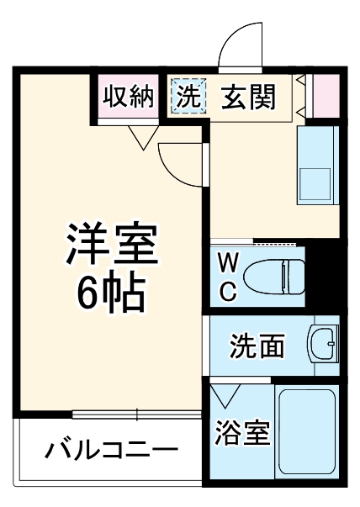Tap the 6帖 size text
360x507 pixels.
[111, 291]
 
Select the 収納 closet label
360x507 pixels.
[129, 97]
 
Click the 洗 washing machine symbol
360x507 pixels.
[188, 97]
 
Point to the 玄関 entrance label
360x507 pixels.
[248, 98]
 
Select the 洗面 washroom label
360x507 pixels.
[257, 345]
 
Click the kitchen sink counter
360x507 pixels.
[318, 166]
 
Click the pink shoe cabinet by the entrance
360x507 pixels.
[326, 98]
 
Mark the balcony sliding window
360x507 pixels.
[136, 414]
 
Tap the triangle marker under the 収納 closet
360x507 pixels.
[141, 137]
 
